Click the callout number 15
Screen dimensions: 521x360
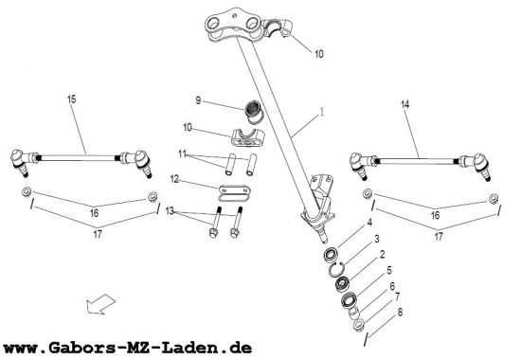coord(72,99)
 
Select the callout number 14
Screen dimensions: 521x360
coord(405,104)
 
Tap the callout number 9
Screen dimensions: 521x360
coord(198,100)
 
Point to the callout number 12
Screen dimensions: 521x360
coord(175,179)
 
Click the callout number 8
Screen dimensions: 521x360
coord(400,312)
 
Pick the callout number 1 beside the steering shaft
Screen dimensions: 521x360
coord(321,113)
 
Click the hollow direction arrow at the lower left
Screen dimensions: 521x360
coord(100,304)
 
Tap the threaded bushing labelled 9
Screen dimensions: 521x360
coord(255,113)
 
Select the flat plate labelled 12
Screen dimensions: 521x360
coord(235,193)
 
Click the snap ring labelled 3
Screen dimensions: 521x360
coord(335,269)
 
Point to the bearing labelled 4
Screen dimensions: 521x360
coord(332,255)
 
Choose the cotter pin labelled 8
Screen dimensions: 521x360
coord(366,338)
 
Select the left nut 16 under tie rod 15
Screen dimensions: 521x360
coord(27,191)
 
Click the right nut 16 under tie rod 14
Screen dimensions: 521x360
coord(494,198)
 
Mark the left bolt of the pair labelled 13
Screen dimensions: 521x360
coord(214,223)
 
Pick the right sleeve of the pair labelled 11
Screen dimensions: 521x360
coord(251,164)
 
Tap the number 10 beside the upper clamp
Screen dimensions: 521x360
coord(318,54)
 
